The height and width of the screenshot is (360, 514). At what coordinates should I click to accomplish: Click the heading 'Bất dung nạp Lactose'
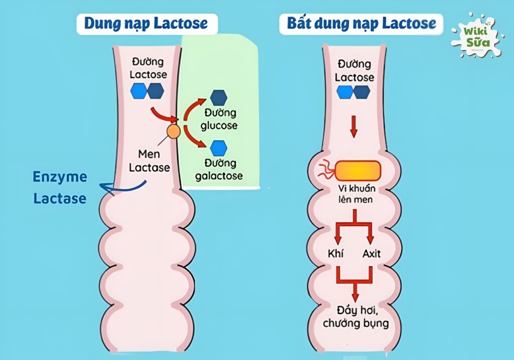[x=361, y=24]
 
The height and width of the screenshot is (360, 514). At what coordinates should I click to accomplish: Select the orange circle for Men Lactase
[x=173, y=132]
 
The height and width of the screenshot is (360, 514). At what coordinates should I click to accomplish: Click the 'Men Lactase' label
[x=149, y=160]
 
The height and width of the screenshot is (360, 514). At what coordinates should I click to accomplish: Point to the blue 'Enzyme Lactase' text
[x=60, y=187]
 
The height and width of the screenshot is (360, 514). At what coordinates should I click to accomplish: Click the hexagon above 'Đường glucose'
[x=218, y=97]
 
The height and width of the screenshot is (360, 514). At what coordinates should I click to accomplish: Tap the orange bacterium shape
[x=358, y=171]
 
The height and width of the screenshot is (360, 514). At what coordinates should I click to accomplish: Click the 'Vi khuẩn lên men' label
[x=356, y=195]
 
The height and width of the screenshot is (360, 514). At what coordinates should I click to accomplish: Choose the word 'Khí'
[x=335, y=254]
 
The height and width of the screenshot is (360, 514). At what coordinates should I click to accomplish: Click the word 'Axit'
[x=371, y=254]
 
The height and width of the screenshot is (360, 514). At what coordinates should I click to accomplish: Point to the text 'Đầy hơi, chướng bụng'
[x=355, y=316]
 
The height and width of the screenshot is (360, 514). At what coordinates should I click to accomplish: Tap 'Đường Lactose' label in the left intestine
[x=148, y=68]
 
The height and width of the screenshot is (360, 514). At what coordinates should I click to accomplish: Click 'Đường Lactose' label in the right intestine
[x=354, y=71]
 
